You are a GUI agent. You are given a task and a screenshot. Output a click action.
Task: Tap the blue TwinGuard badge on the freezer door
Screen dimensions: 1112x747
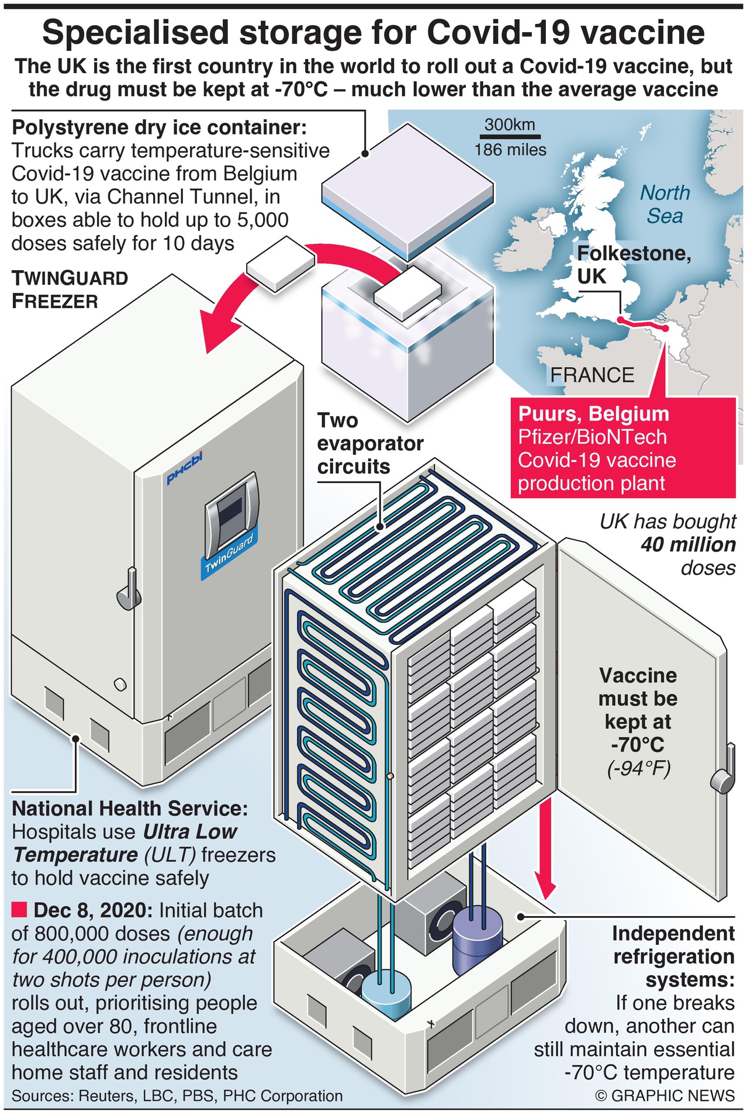tap(229, 557)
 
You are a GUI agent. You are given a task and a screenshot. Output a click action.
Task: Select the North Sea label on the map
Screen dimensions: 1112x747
tap(665, 204)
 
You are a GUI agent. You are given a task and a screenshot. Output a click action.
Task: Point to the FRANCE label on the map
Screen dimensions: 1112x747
tap(592, 375)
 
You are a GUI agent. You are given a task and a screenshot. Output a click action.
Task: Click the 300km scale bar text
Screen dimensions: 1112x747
tap(510, 125)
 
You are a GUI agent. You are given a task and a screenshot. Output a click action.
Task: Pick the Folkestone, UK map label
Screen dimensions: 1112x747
tap(633, 264)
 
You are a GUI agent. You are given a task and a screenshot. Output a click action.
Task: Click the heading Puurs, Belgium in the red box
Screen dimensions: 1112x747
tap(593, 414)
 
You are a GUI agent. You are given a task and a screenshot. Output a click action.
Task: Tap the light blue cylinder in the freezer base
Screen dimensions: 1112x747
tap(386, 992)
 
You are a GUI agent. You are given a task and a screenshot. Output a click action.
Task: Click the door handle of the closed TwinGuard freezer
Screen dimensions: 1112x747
tap(129, 592)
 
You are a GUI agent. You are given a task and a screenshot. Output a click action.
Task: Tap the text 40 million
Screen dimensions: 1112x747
tap(688, 545)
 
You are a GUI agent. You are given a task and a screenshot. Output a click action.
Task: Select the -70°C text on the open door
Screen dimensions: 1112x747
tap(638, 745)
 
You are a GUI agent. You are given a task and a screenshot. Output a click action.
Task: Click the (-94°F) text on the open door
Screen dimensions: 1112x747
tap(638, 768)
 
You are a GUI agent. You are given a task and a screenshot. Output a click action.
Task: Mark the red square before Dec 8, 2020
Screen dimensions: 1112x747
tap(19, 910)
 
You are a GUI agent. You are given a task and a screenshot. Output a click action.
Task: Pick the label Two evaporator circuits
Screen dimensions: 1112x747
tap(369, 443)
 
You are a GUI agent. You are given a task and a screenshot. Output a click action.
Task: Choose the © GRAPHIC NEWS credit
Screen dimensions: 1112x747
tap(665, 1095)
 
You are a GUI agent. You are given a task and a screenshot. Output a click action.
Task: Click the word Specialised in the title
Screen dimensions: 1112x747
tap(135, 33)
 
